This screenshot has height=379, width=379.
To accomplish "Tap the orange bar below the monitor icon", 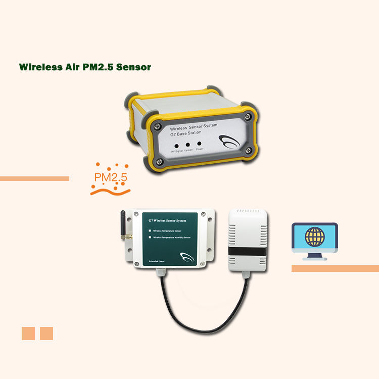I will pos(335,268).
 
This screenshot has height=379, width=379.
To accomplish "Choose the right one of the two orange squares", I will pos(46,334).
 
